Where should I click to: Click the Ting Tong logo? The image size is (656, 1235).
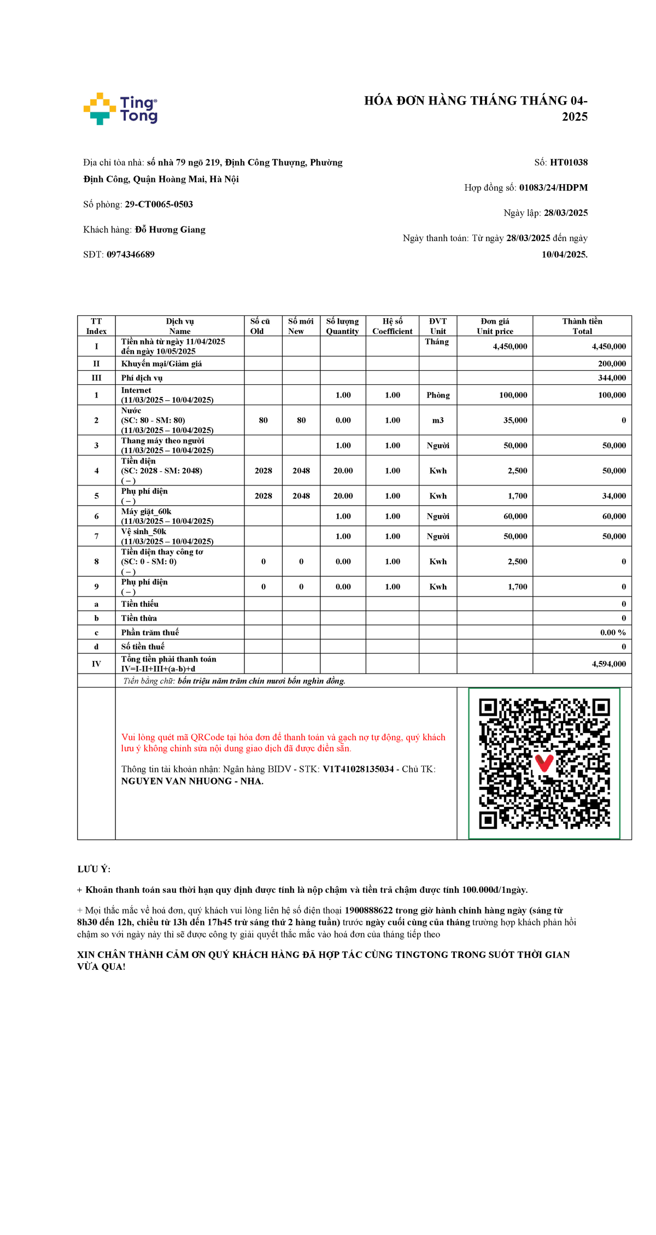pos(120,109)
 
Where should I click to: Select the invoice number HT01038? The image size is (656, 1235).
pos(569,162)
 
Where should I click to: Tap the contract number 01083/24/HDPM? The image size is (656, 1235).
pos(553,188)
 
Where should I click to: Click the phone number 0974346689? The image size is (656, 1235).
pos(131,255)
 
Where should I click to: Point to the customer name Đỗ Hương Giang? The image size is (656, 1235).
pos(170,230)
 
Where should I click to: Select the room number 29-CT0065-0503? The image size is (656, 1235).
pos(159,204)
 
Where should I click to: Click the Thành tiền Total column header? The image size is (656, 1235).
pos(582,326)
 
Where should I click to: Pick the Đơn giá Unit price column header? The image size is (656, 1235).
pos(495,326)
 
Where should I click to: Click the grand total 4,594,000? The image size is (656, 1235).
pos(608,664)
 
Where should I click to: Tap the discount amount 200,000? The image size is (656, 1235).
pos(612,364)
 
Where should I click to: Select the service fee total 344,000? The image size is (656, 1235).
pos(612,378)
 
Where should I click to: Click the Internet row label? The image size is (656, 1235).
pos(137,390)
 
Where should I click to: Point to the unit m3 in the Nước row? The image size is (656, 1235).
pos(438,420)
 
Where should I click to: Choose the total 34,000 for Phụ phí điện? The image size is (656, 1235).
pos(614,496)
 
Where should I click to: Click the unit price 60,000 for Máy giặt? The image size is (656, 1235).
pos(515,516)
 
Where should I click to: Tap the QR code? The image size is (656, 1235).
pos(544,763)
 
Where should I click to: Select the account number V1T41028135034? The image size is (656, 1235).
pos(358,769)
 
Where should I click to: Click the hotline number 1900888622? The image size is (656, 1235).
pos(368,910)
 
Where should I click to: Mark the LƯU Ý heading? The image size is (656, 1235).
pos(93,869)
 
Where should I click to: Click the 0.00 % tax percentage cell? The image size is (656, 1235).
pos(613,633)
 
